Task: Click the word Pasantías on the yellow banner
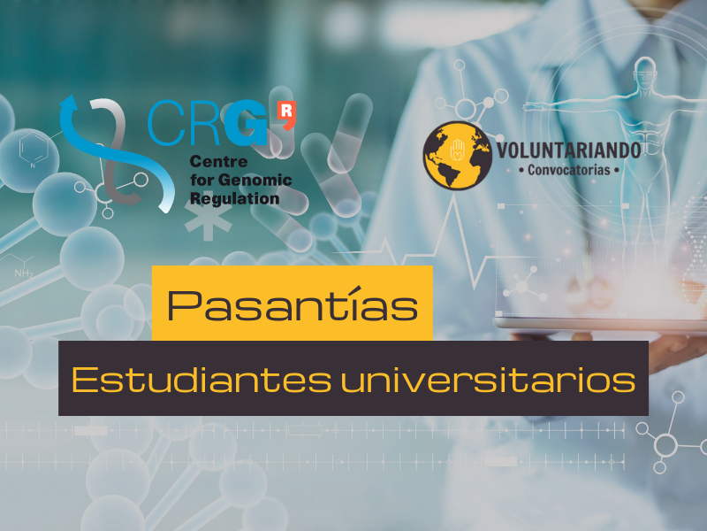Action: click(x=293, y=304)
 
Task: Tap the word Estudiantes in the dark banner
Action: click(x=201, y=380)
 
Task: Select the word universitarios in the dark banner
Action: click(x=488, y=380)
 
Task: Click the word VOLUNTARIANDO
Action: click(x=568, y=150)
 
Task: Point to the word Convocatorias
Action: click(x=568, y=170)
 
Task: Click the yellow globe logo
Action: click(x=457, y=156)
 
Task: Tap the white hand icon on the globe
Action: click(x=457, y=150)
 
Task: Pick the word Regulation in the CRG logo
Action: click(x=234, y=198)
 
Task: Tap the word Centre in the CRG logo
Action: click(x=218, y=161)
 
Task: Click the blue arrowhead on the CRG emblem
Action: click(x=69, y=103)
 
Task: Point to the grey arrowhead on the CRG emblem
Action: click(x=133, y=197)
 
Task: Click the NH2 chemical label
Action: click(x=24, y=273)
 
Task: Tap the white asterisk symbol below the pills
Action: click(x=208, y=219)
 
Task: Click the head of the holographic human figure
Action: click(x=645, y=73)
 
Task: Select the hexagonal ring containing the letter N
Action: click(x=34, y=147)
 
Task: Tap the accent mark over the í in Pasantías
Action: click(x=356, y=289)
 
